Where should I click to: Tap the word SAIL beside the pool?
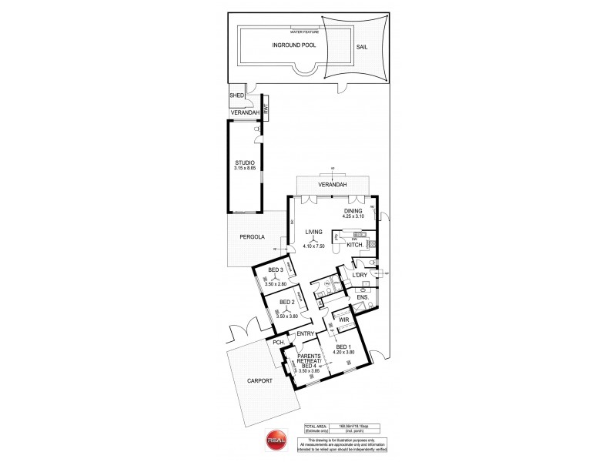[x=362, y=46]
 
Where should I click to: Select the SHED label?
[x=236, y=96]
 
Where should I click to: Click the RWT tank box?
[x=266, y=112]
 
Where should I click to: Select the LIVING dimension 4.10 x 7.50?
[x=313, y=246]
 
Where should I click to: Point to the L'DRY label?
[x=359, y=274]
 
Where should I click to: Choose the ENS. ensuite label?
[x=363, y=296]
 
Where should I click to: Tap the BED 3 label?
[x=276, y=270]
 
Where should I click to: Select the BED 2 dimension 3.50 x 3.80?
[x=286, y=316]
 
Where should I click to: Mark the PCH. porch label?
[x=278, y=342]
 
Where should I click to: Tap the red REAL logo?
[x=276, y=439]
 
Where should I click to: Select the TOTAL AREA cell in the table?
[x=316, y=426]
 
